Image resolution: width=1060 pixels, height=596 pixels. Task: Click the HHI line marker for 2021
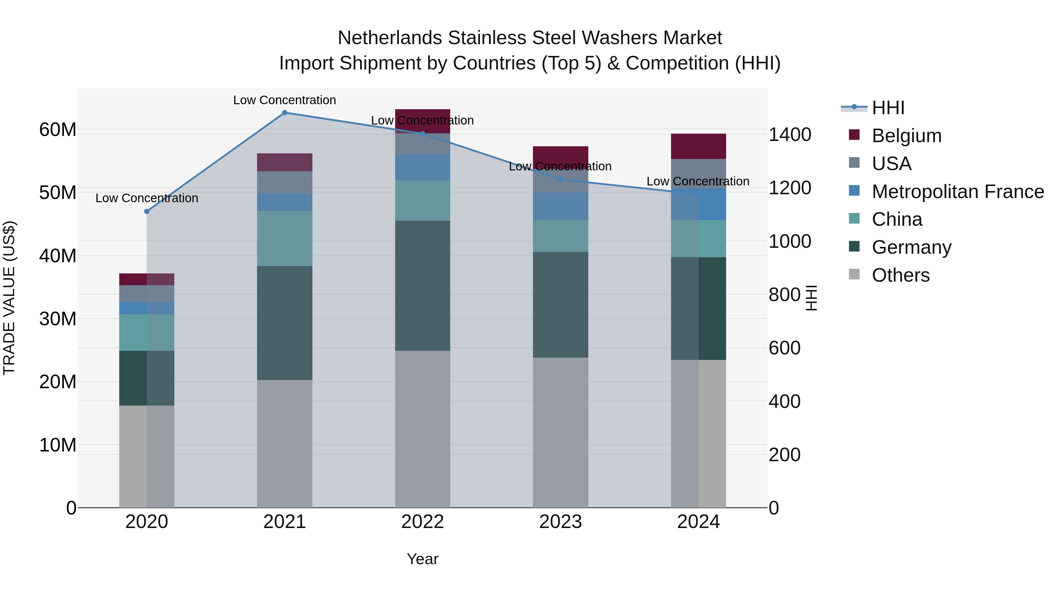(x=284, y=113)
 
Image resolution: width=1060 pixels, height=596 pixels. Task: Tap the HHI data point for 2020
(x=147, y=211)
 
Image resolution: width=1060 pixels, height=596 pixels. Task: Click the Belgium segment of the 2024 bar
(x=698, y=147)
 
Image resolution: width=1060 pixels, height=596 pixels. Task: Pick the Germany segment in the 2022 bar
(x=423, y=285)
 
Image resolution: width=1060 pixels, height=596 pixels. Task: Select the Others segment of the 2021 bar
(x=284, y=444)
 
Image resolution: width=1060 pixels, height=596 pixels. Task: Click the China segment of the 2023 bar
(x=560, y=236)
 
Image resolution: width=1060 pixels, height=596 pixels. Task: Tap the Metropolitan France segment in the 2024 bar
(x=698, y=205)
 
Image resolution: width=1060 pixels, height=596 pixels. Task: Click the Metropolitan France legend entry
(x=957, y=192)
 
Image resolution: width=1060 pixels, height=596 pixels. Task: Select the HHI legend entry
(x=888, y=108)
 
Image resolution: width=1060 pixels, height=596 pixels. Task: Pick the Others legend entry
(x=900, y=275)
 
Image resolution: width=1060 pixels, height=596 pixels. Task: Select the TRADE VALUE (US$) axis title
(x=9, y=298)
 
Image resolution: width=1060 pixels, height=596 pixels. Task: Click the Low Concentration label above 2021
(x=284, y=100)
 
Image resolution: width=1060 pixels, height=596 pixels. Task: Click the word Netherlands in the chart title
(x=390, y=38)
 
